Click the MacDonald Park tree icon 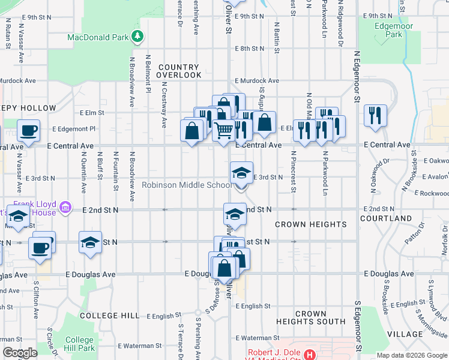138,37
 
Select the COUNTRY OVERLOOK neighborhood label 179,71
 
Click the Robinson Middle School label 186,185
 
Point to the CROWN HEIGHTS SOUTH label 311,317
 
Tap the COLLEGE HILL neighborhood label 110,316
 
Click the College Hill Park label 79,344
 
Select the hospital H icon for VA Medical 310,355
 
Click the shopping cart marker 223,129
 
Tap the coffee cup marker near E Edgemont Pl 29,129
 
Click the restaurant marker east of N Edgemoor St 375,115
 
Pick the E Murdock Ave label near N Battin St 257,80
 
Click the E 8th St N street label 250,49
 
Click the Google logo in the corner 19,353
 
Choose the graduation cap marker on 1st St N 90,242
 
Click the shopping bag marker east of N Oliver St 264,122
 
